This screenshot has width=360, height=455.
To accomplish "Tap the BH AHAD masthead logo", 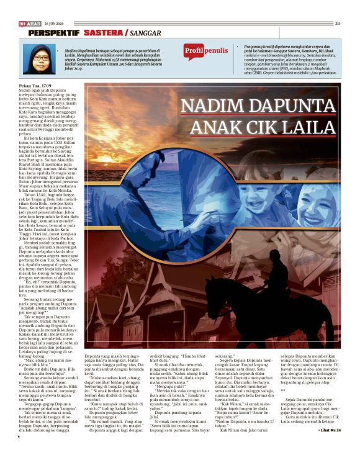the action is click(x=29, y=23).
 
